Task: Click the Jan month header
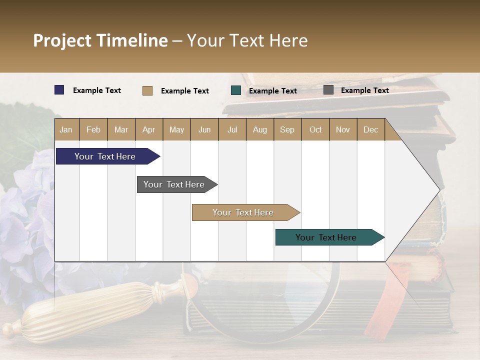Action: pyautogui.click(x=66, y=129)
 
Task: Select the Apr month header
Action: pyautogui.click(x=149, y=129)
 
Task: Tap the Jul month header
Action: pyautogui.click(x=232, y=129)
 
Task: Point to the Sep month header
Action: pyautogui.click(x=287, y=129)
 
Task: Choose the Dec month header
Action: pyautogui.click(x=370, y=129)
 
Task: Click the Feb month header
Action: pyautogui.click(x=93, y=129)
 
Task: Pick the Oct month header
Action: pyautogui.click(x=315, y=129)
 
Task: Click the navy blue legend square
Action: pyautogui.click(x=59, y=90)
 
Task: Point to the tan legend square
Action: pyautogui.click(x=147, y=90)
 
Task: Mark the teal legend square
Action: pyautogui.click(x=236, y=90)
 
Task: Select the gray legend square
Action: pyautogui.click(x=328, y=90)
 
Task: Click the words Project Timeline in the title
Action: pyautogui.click(x=100, y=40)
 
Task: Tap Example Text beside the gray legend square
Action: pyautogui.click(x=364, y=90)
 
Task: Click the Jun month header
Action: pyautogui.click(x=204, y=129)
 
